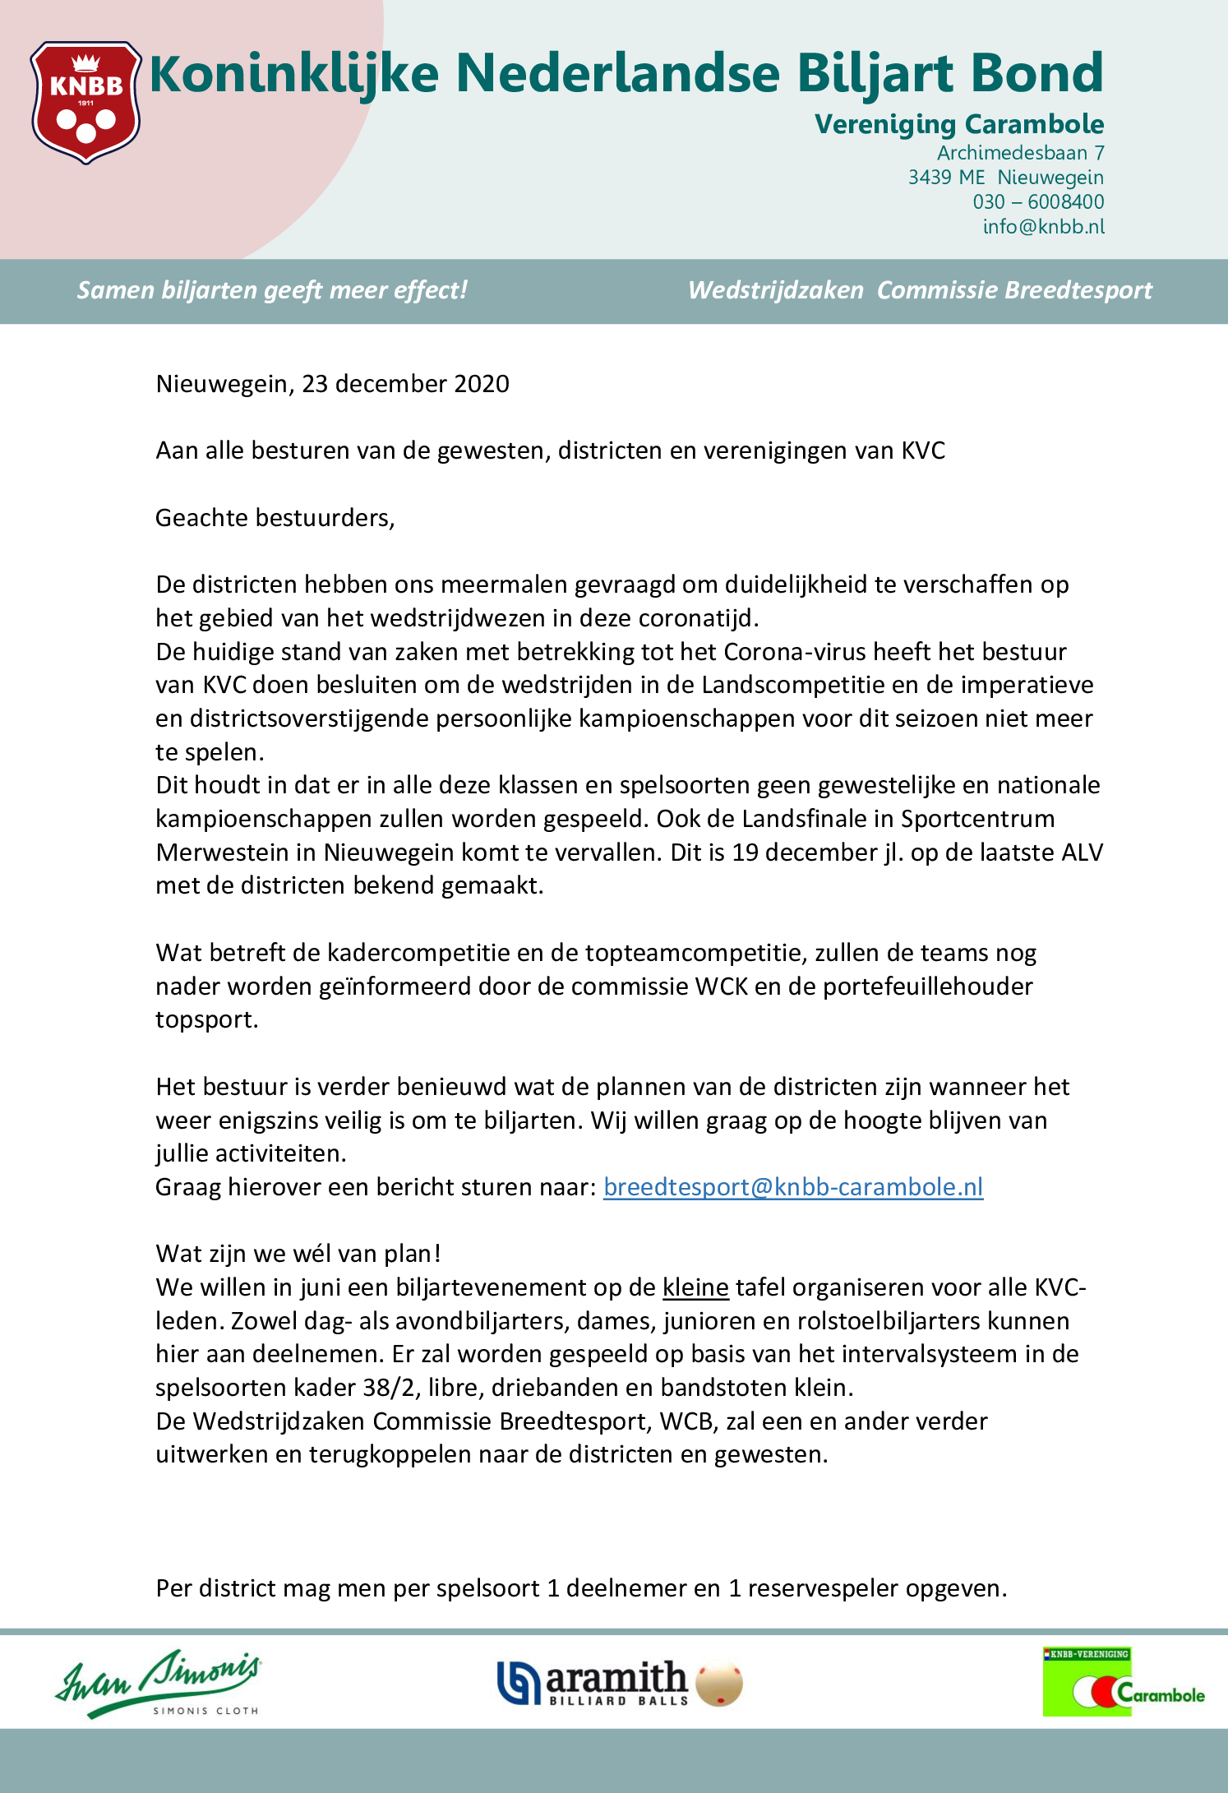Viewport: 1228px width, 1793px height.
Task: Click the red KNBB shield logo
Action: click(x=85, y=102)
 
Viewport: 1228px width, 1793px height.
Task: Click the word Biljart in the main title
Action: click(x=876, y=74)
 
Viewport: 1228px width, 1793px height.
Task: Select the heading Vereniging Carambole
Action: click(x=958, y=124)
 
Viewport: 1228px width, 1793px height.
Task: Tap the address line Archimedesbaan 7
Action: click(x=1020, y=153)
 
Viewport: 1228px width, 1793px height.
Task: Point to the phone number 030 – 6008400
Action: click(x=1038, y=202)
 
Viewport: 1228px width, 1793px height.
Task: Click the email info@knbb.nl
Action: click(x=1043, y=227)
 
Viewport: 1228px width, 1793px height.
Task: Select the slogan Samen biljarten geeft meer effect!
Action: click(x=272, y=290)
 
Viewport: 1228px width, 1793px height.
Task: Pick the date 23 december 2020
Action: click(x=405, y=384)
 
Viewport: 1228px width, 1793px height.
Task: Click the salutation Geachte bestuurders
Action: click(x=275, y=518)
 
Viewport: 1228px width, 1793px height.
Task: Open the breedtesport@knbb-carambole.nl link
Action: click(x=792, y=1187)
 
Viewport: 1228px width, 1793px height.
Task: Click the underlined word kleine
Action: click(x=695, y=1287)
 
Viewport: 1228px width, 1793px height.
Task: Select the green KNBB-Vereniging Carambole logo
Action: click(x=1123, y=1682)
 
